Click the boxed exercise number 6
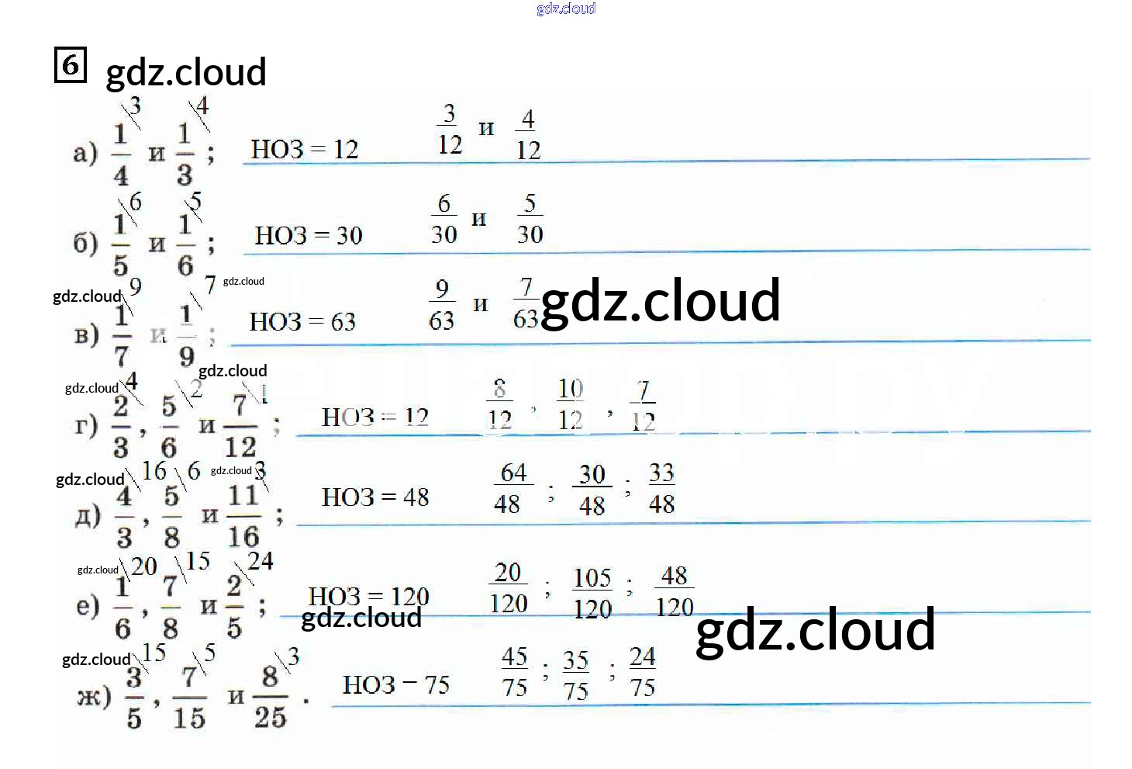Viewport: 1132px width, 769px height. tap(70, 64)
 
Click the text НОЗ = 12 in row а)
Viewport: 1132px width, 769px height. tap(304, 149)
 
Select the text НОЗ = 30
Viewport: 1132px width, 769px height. tap(309, 235)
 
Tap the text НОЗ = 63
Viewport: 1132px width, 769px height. tap(302, 321)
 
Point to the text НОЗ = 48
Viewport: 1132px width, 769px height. tap(375, 497)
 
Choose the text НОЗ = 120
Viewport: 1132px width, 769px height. tap(368, 596)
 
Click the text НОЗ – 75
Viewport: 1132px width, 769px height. tap(395, 684)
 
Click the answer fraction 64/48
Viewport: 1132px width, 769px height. tap(512, 488)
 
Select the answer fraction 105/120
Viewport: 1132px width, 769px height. tap(592, 593)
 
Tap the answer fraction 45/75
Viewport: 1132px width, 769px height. tap(514, 672)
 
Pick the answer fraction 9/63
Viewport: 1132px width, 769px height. tap(442, 304)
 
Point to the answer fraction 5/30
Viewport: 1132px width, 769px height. tap(530, 219)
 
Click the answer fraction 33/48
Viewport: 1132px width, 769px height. tap(661, 488)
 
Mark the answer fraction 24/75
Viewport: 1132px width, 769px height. tap(642, 672)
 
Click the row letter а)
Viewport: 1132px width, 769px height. tap(85, 152)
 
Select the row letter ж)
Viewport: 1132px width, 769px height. tap(93, 696)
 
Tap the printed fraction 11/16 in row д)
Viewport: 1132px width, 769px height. tap(243, 515)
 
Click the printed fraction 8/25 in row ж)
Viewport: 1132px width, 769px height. tap(270, 697)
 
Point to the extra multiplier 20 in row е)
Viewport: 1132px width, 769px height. tap(143, 566)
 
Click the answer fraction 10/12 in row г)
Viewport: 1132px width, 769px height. tap(571, 404)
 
